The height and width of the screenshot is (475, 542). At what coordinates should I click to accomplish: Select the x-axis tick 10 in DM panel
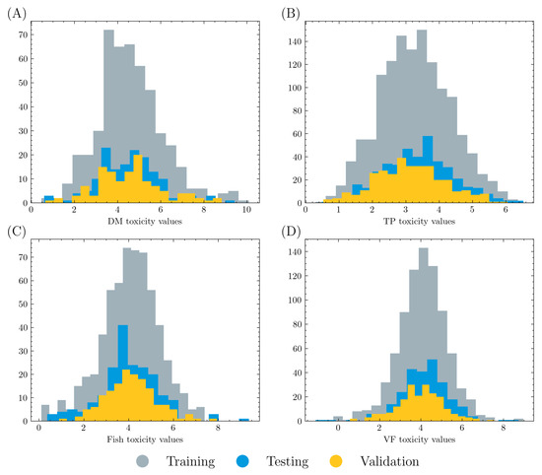(246, 209)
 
